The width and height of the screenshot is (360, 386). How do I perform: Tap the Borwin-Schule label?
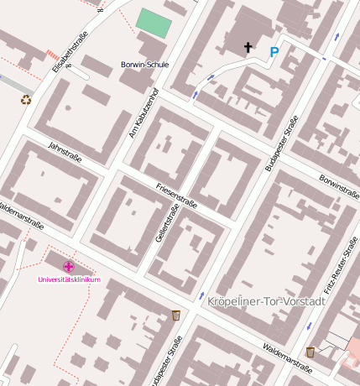[x=145, y=65]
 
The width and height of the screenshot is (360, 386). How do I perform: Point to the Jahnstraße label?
[x=65, y=152]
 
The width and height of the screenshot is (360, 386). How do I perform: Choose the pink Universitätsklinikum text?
[x=70, y=279]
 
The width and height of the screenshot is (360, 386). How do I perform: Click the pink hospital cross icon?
[x=68, y=266]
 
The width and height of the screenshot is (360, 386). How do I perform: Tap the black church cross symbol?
[x=248, y=48]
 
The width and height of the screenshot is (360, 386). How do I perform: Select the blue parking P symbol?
[x=274, y=52]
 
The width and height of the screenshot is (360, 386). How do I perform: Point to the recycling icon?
[x=26, y=100]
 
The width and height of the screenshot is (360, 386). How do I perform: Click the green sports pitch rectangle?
[x=154, y=23]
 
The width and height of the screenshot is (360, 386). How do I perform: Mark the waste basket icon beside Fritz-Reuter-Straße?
[x=310, y=352]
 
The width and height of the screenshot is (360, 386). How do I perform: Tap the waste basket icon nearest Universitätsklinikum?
[x=175, y=315]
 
